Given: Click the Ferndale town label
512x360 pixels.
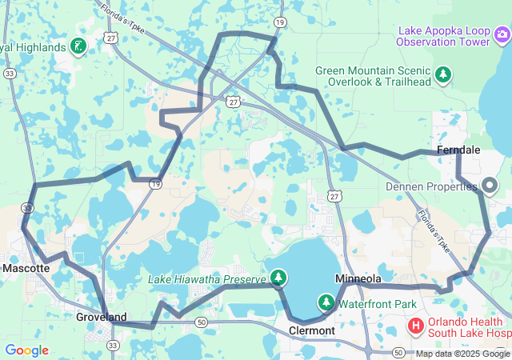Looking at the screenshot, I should (x=458, y=150).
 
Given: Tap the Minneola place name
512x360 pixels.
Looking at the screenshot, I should (x=358, y=278).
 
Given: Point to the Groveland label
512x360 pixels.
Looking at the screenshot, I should (x=101, y=317).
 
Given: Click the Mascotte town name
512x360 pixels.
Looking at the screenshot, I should (x=26, y=268).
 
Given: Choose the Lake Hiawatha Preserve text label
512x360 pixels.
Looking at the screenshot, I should (x=206, y=278).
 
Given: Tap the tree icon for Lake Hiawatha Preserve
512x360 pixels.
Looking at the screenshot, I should (x=278, y=278).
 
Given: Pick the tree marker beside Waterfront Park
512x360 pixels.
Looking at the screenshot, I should (x=326, y=302).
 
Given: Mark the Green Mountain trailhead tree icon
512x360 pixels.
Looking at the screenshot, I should (x=443, y=76).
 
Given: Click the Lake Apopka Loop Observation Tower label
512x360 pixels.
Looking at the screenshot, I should (x=444, y=36).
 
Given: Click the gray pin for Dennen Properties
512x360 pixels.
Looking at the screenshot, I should (x=490, y=186).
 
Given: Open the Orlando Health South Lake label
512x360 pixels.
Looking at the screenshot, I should (x=469, y=327).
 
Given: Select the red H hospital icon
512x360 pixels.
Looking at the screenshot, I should (x=416, y=326).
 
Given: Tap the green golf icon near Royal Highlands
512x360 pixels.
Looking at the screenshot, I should (x=78, y=46).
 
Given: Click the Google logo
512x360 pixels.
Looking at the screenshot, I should (x=26, y=350).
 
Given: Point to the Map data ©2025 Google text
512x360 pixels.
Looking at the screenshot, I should (x=462, y=354).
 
